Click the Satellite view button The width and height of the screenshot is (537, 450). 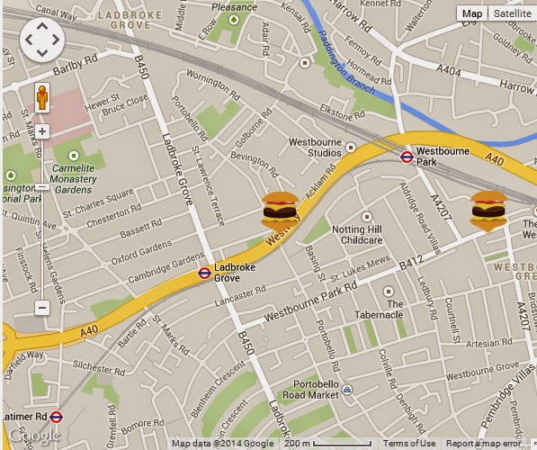512,13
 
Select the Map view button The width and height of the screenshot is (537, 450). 471,13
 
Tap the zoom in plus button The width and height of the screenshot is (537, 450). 42,131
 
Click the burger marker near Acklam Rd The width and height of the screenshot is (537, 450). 280,211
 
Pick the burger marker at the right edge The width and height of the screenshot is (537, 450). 488,211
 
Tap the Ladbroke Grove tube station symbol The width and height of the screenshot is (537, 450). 204,273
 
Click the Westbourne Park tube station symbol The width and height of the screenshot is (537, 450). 407,157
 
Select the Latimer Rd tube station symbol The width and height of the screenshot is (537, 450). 57,417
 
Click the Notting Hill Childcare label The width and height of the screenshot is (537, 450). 357,234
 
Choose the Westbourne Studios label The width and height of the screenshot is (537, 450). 314,147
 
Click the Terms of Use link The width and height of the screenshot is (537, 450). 408,443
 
